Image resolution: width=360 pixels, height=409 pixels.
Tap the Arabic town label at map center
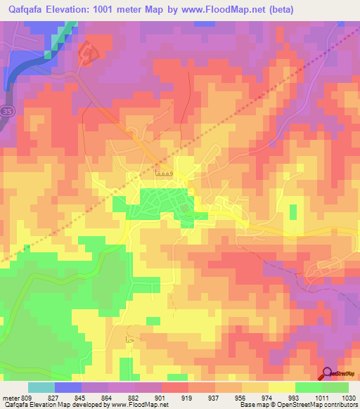[x=163, y=172]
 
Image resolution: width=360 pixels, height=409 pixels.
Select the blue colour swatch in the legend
[x=68, y=387]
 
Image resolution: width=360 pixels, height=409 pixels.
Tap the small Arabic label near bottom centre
[x=129, y=340]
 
